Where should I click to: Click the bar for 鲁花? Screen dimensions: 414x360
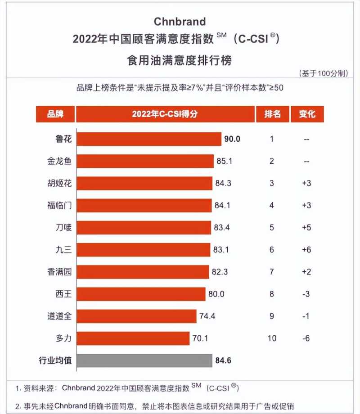pyautogui.click(x=149, y=139)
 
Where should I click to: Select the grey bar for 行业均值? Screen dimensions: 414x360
pyautogui.click(x=144, y=360)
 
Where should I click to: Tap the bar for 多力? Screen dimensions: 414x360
pyautogui.click(x=133, y=338)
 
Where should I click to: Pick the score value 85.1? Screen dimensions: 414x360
pyautogui.click(x=224, y=161)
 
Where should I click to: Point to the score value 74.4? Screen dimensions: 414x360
pyautogui.click(x=207, y=316)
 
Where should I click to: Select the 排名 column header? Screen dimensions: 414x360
pyautogui.click(x=272, y=114)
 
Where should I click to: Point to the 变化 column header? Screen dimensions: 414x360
pyautogui.click(x=307, y=114)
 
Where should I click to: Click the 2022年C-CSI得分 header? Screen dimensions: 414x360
pyautogui.click(x=165, y=114)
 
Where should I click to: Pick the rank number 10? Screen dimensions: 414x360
pyautogui.click(x=272, y=338)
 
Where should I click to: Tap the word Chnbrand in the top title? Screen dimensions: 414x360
pyautogui.click(x=180, y=22)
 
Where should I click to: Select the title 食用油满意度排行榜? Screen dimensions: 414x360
pyautogui.click(x=180, y=60)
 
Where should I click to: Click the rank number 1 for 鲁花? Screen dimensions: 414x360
pyautogui.click(x=272, y=139)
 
